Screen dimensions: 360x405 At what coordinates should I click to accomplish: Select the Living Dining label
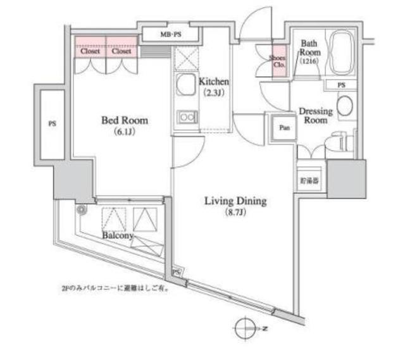point(235,202)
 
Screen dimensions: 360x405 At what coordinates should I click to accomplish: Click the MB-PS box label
point(170,35)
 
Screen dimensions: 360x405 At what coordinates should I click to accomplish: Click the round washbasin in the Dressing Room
point(345,106)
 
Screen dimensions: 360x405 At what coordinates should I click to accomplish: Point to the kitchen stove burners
point(186,116)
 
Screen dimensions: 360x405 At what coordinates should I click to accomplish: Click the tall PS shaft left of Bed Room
point(51,124)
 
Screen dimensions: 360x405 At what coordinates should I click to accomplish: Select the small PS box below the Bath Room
point(342,85)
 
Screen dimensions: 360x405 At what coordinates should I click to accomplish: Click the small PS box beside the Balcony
point(177,271)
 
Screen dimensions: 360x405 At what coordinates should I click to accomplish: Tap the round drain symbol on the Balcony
point(81,209)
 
